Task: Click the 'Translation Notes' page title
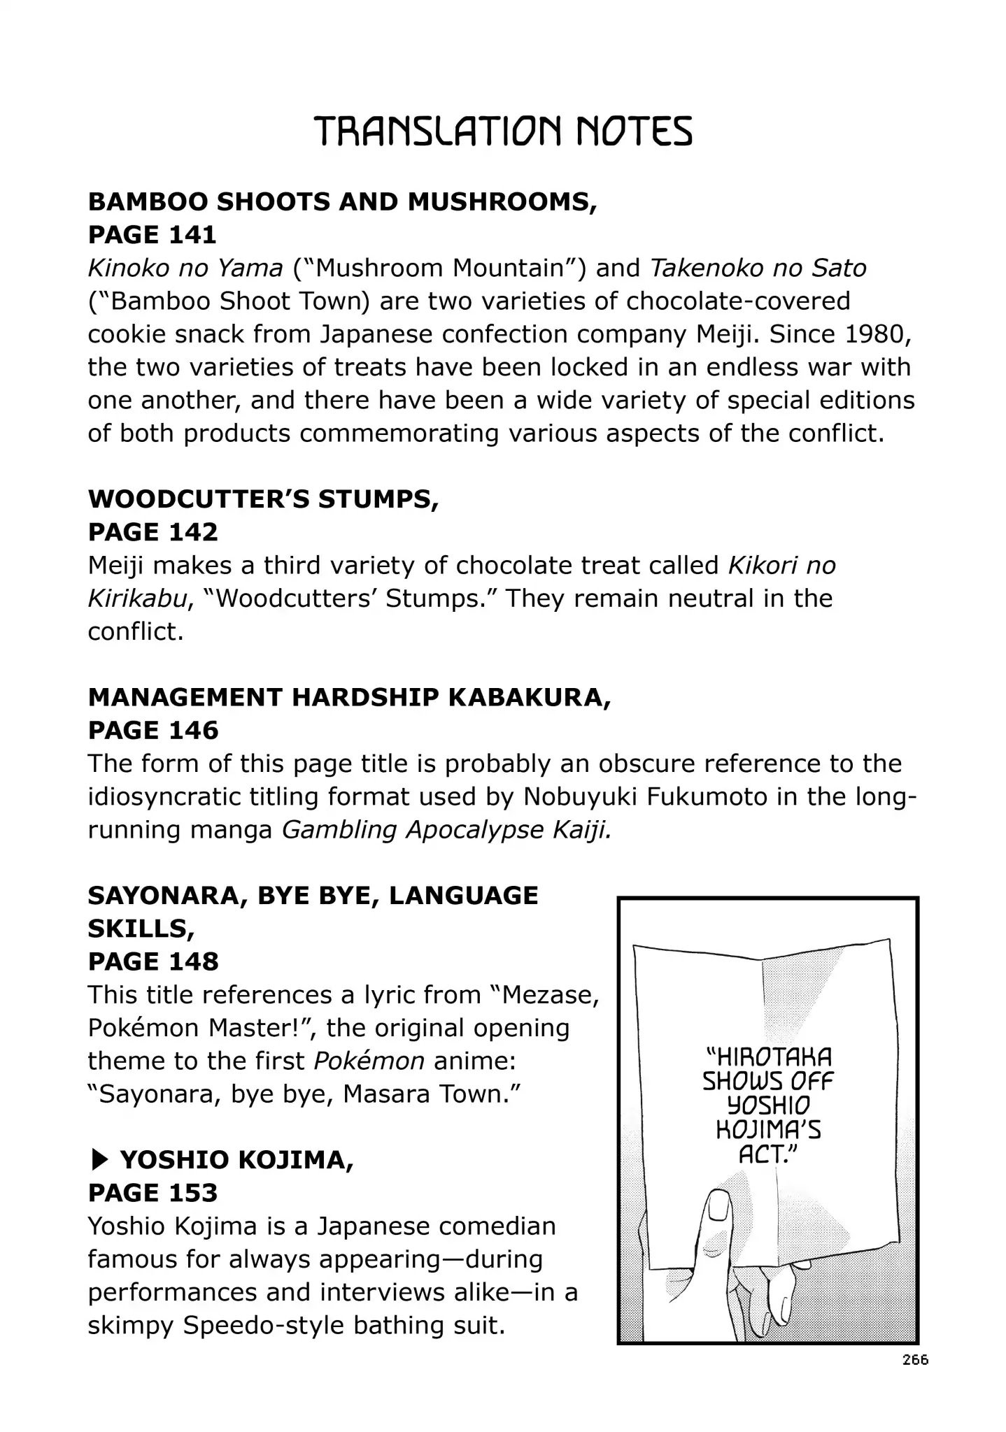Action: click(x=503, y=131)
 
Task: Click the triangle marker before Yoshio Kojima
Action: click(x=99, y=1160)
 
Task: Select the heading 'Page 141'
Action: click(x=153, y=235)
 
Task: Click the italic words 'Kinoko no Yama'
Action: click(x=185, y=268)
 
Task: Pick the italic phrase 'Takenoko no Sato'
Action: click(x=758, y=268)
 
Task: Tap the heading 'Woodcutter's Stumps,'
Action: click(x=263, y=499)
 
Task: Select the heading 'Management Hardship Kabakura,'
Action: click(x=349, y=697)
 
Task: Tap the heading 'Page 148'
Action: click(x=153, y=961)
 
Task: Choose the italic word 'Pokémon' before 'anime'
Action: click(x=369, y=1061)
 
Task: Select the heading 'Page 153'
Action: click(x=153, y=1193)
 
